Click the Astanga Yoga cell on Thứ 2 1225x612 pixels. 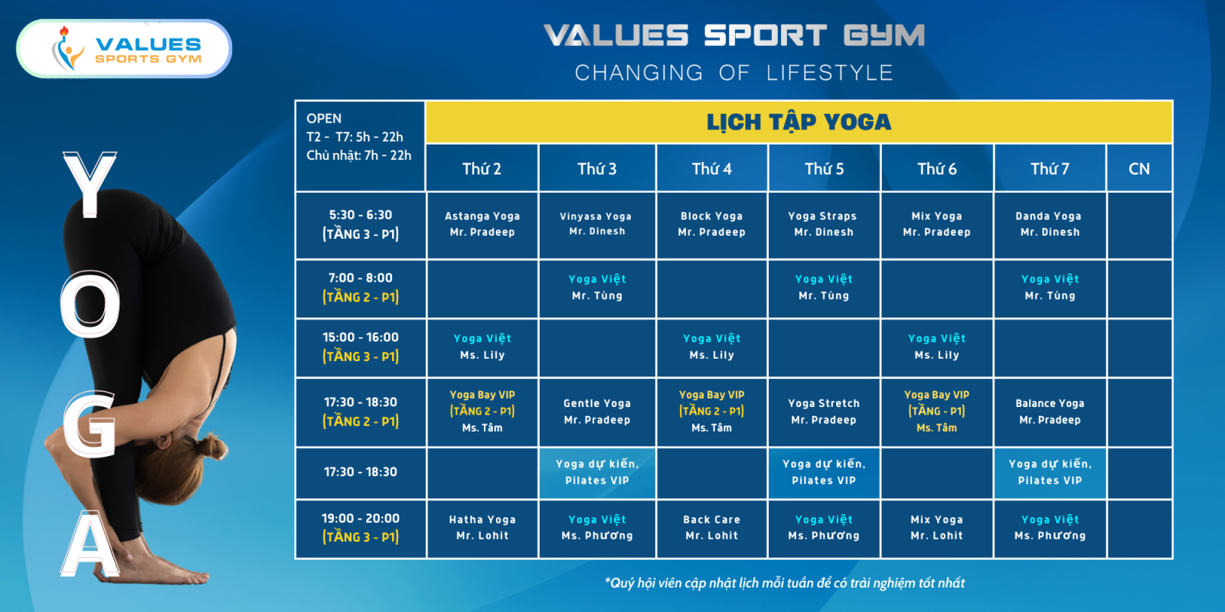point(482,225)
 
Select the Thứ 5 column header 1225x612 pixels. point(824,168)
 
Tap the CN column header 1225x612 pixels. point(1139,168)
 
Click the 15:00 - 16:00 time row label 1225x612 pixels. point(361,347)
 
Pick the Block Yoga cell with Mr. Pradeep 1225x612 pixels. point(711,225)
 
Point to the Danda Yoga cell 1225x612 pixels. point(1050,225)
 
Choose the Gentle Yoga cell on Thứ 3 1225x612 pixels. point(596,412)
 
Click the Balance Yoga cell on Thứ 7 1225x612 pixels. point(1050,412)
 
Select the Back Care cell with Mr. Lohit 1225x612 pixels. point(711,528)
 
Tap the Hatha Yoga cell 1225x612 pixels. point(482,528)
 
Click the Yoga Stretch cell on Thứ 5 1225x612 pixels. point(824,412)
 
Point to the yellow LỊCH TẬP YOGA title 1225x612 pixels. point(799,122)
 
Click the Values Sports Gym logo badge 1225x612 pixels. point(124,49)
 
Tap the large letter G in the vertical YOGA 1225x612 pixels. point(89,425)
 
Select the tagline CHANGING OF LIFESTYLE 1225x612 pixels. point(734,73)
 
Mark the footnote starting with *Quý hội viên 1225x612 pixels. point(785,583)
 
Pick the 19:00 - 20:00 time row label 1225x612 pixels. point(361,528)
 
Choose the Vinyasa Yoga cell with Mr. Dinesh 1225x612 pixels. point(596,225)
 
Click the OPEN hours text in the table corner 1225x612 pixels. point(359,137)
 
